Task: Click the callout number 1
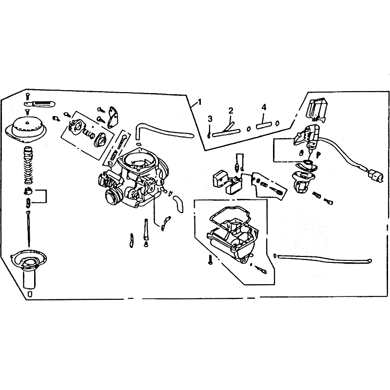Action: pos(199,102)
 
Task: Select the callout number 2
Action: pos(231,111)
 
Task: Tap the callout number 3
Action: pos(210,119)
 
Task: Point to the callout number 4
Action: pos(264,107)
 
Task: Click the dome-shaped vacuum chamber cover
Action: pos(27,130)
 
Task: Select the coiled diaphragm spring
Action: pos(28,165)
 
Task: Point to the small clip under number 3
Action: pos(209,135)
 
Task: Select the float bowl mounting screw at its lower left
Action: pos(211,260)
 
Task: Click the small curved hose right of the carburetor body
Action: pos(178,203)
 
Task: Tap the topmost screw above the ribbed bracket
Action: pos(27,95)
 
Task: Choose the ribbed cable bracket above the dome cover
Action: pos(40,103)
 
